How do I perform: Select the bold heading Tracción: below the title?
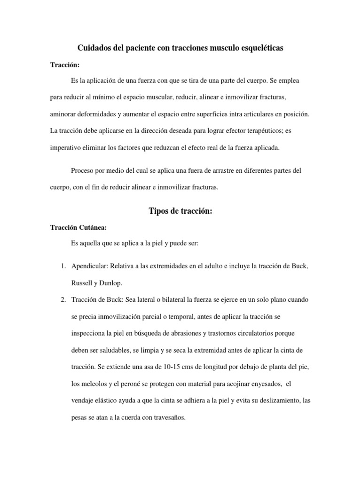[x=65, y=65]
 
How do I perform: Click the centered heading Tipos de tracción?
[x=180, y=211]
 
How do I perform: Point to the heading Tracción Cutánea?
[x=78, y=228]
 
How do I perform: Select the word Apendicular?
[x=88, y=266]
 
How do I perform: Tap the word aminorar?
[x=64, y=114]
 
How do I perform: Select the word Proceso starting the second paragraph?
[x=82, y=170]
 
